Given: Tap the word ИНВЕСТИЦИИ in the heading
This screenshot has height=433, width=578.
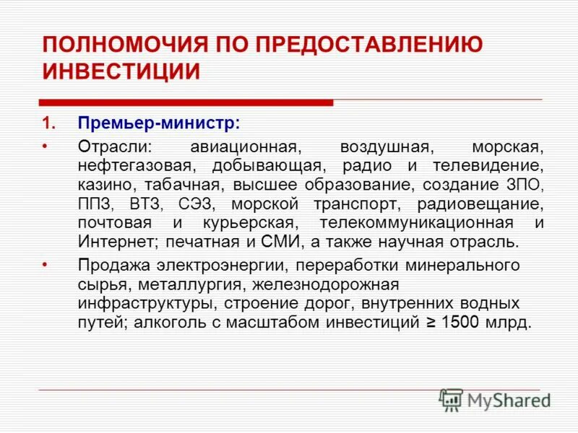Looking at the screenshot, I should point(121,72).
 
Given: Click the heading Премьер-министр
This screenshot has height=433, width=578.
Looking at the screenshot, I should point(159,123).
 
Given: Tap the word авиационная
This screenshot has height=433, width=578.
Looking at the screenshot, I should point(246,147).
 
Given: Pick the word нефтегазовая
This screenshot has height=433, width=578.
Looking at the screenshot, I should point(134,166).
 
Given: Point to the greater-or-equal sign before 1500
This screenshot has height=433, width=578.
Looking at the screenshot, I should point(428,322).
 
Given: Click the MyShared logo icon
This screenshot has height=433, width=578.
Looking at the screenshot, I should point(450,399).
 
